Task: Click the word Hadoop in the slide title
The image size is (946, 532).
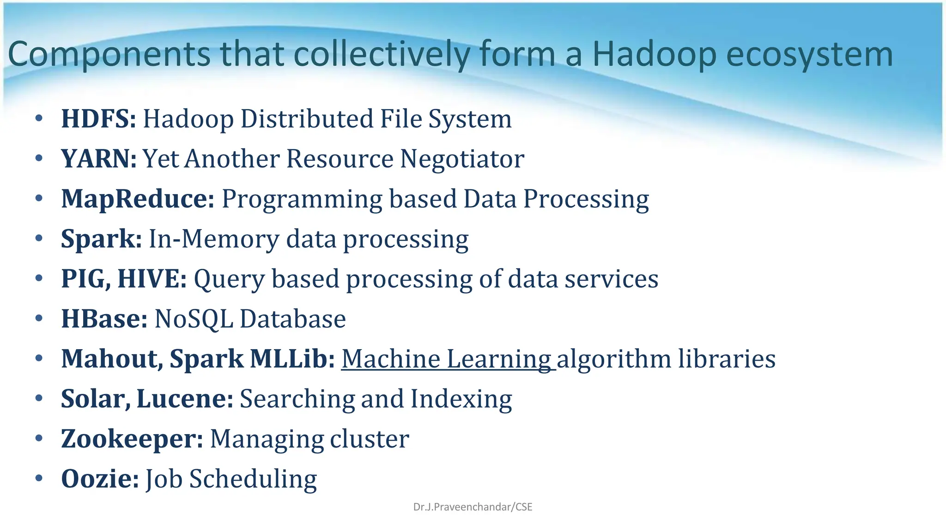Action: (x=655, y=54)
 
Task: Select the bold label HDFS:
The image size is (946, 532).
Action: (x=98, y=119)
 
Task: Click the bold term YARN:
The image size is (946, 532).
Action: (x=99, y=159)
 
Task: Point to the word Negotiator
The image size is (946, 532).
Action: (x=462, y=159)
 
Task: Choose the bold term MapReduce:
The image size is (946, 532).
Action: (x=138, y=199)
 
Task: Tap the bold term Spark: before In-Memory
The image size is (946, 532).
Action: (x=101, y=239)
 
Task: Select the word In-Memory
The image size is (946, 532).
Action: (x=214, y=239)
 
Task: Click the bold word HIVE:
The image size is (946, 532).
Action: (x=152, y=279)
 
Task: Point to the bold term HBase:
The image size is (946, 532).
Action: (x=104, y=319)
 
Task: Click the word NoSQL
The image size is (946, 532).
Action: (x=194, y=319)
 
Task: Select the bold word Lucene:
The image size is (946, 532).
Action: (x=185, y=399)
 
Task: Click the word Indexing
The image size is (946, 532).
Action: (x=461, y=399)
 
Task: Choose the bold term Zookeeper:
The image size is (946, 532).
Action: (x=132, y=439)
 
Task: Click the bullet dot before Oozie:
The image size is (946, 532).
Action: (x=39, y=478)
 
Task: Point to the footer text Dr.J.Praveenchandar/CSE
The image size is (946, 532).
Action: (x=473, y=507)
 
